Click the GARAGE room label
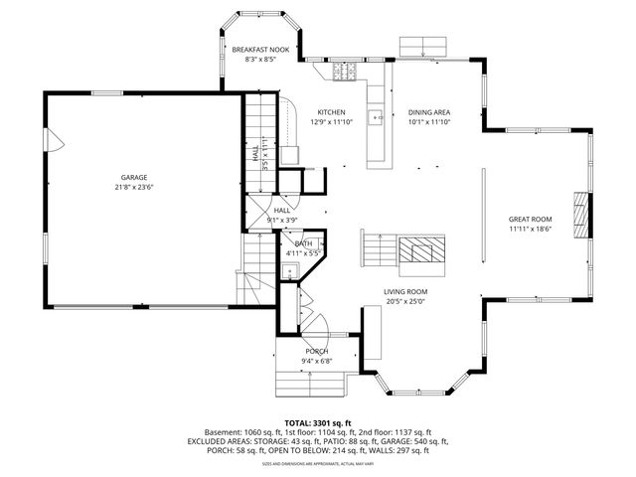(134, 176)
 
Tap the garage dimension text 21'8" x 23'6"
(134, 186)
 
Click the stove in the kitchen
(345, 71)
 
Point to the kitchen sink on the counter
(377, 116)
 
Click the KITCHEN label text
(331, 112)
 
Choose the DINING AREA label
(429, 112)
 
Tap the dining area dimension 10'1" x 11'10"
(429, 122)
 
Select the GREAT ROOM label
(530, 219)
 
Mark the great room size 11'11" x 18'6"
(530, 229)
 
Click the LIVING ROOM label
(405, 291)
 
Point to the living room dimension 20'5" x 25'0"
(405, 301)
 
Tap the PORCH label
(316, 351)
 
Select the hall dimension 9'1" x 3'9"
(282, 220)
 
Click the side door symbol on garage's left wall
(57, 146)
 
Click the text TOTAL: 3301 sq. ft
(318, 423)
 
